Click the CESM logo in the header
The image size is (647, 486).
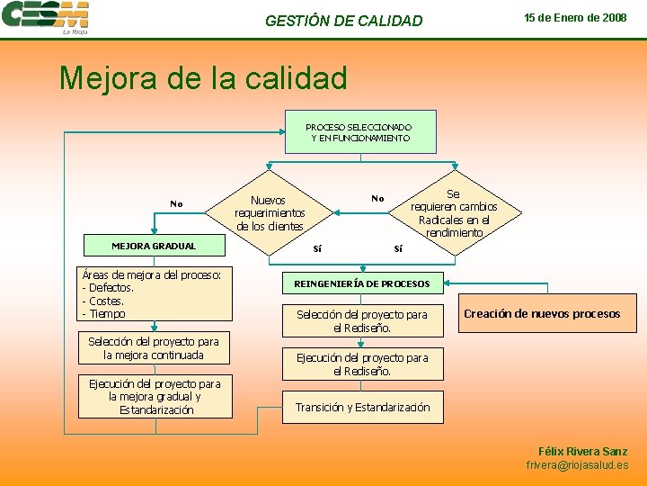45,16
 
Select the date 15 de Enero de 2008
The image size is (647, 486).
575,18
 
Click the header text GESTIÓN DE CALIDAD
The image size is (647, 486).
343,21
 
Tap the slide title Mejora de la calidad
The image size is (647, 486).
203,78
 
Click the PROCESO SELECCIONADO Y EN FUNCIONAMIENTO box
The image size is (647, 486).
359,132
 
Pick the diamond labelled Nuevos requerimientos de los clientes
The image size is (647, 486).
269,213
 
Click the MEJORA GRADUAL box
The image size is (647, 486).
154,246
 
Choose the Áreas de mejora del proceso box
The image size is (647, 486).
154,294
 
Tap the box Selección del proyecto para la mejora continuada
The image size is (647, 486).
154,348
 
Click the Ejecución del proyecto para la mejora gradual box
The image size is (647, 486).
154,397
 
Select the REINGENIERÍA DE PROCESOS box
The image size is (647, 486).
362,284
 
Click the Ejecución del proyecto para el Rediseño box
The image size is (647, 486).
362,364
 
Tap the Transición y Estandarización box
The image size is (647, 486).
362,408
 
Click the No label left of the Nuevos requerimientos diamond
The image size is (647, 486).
176,204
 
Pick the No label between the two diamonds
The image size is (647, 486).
377,199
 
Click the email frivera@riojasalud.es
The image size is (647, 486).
577,465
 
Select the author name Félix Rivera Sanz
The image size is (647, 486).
582,451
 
